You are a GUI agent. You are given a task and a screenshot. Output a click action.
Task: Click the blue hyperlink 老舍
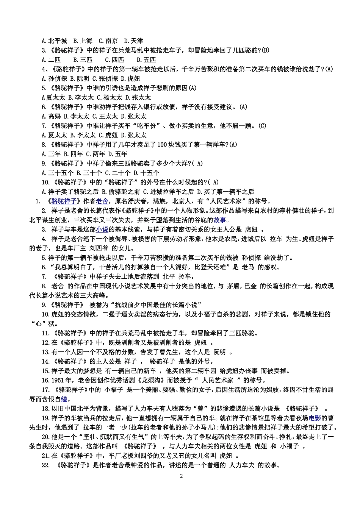click(102, 201)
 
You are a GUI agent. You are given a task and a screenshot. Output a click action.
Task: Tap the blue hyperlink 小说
click(102, 230)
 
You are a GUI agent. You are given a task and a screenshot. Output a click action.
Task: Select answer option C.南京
click(108, 41)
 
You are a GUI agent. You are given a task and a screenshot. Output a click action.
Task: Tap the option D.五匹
click(146, 60)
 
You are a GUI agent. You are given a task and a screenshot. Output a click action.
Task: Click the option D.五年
click(118, 154)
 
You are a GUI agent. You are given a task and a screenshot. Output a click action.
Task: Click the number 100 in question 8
click(162, 145)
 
